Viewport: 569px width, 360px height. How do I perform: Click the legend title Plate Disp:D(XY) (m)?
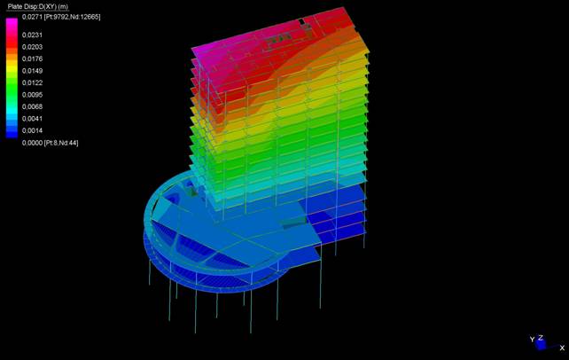pyautogui.click(x=38, y=6)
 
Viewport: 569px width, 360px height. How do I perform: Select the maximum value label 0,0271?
pyautogui.click(x=32, y=17)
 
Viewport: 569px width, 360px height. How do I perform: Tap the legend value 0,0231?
pyautogui.click(x=32, y=35)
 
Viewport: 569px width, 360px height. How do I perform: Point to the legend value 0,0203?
pyautogui.click(x=32, y=47)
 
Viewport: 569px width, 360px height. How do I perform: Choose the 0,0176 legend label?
pyautogui.click(x=32, y=59)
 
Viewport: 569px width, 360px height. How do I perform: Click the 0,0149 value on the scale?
pyautogui.click(x=32, y=71)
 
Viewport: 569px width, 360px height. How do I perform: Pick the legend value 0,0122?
pyautogui.click(x=32, y=82)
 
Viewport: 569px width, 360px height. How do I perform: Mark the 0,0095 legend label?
pyautogui.click(x=32, y=95)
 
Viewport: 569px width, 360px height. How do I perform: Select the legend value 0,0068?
pyautogui.click(x=32, y=106)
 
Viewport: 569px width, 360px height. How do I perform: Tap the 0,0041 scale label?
pyautogui.click(x=32, y=119)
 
